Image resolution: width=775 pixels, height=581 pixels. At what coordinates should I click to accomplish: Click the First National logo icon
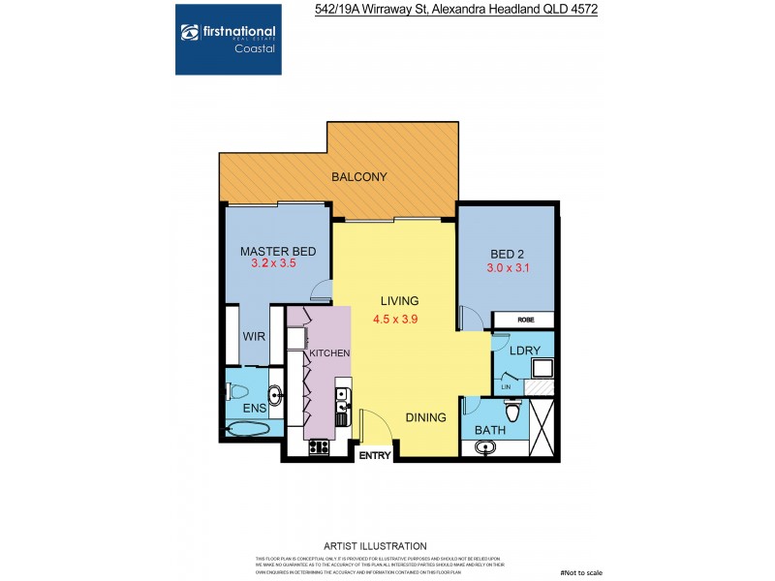pos(190,32)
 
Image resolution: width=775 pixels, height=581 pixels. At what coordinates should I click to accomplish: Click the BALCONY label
pos(359,177)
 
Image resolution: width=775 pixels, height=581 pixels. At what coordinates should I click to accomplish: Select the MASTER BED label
pos(278,252)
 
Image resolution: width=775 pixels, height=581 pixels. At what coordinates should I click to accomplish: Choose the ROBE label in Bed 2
pos(523,319)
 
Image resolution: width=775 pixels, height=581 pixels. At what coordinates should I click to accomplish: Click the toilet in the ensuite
pos(235,392)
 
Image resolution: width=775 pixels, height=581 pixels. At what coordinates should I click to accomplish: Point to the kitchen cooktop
pos(319,447)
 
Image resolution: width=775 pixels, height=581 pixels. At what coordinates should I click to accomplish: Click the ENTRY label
pos(374,454)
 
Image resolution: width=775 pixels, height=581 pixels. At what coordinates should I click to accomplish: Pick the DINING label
pos(426,418)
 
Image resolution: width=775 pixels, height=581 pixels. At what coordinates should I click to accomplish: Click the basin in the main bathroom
pos(485,447)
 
